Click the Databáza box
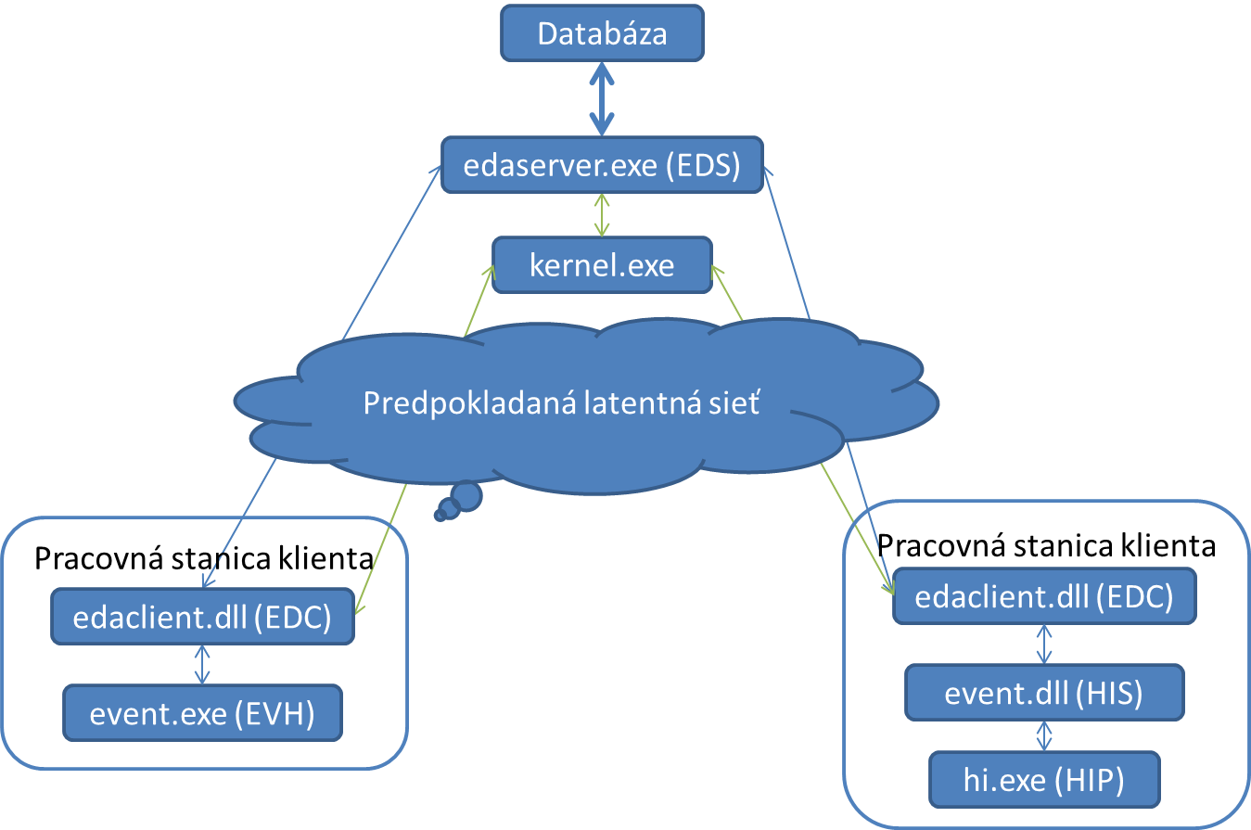(602, 34)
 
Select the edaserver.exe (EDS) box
(602, 167)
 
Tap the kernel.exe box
(602, 266)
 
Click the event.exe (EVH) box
(202, 713)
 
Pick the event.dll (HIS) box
(1044, 692)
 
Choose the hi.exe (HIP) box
(1044, 781)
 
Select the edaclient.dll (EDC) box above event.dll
(1044, 596)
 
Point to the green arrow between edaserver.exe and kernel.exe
(603, 215)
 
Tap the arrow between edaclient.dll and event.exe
(202, 664)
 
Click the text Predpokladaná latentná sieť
(561, 404)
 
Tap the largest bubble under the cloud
(466, 496)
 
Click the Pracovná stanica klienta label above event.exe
(203, 558)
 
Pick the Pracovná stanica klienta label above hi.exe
(1046, 544)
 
